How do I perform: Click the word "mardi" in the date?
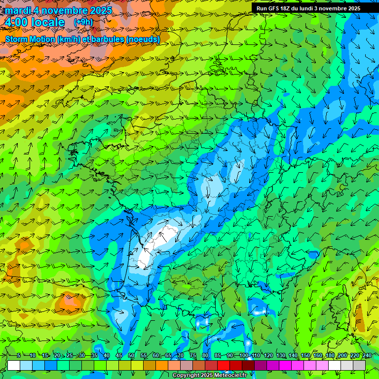click(18, 10)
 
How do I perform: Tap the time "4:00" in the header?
click(16, 22)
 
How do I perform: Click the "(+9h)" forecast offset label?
click(83, 22)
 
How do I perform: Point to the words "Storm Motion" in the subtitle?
click(30, 39)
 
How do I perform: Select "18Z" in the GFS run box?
click(285, 8)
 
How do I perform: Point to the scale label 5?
click(19, 355)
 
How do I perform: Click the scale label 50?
click(131, 355)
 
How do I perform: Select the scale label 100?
click(244, 355)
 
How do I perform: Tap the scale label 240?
click(368, 355)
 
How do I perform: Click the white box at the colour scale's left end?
click(14, 365)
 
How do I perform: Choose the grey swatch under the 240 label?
click(359, 365)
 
